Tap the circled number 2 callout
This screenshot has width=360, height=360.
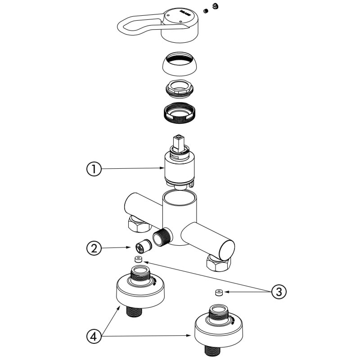pos(93,247)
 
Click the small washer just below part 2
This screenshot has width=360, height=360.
pos(138,259)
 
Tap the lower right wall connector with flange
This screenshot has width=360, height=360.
pos(217,329)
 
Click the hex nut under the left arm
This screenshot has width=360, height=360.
pos(138,223)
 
